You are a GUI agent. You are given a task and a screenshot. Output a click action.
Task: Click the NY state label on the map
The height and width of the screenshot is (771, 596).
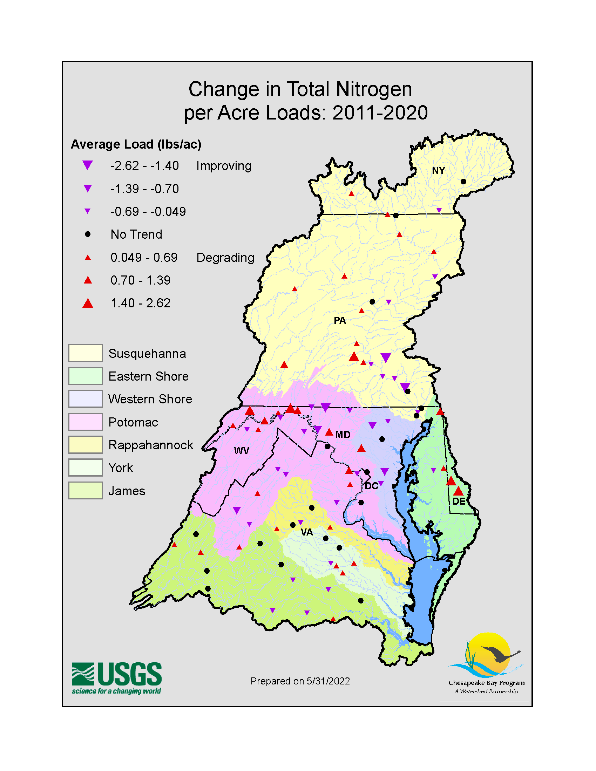[x=438, y=171]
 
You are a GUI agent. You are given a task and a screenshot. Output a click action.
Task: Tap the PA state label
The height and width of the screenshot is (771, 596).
[x=340, y=321]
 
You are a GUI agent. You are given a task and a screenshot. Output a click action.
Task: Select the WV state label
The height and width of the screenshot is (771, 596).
[x=242, y=451]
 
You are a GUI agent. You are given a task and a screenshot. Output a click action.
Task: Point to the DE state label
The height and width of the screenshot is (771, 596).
[x=459, y=501]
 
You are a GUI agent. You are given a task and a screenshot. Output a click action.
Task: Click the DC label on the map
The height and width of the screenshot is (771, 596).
[x=371, y=486]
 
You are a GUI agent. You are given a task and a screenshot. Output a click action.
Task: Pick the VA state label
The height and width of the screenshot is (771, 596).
[x=307, y=532]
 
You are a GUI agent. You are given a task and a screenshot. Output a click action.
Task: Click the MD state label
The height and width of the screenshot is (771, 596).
[x=343, y=435]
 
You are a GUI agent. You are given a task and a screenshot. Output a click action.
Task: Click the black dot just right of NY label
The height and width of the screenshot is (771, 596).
[x=463, y=182]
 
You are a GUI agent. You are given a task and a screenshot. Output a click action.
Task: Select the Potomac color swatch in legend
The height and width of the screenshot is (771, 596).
[x=86, y=422]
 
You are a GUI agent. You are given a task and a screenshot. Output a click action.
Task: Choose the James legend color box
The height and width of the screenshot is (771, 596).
[x=86, y=491]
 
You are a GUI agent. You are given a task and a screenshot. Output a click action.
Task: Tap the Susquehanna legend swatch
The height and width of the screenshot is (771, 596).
[x=86, y=353]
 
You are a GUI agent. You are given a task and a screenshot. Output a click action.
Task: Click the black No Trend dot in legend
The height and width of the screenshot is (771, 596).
[x=88, y=234]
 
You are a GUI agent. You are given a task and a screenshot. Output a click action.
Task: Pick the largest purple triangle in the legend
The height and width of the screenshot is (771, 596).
[x=88, y=165]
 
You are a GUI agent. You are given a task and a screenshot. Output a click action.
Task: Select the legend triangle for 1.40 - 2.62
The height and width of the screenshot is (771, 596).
[x=88, y=303]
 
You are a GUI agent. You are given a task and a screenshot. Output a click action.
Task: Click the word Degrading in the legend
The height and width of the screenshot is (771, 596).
[x=225, y=258]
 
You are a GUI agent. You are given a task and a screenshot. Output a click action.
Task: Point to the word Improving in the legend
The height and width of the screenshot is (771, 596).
[x=224, y=166]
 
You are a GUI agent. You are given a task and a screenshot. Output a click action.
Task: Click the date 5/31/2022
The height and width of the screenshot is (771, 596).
[x=328, y=681]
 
